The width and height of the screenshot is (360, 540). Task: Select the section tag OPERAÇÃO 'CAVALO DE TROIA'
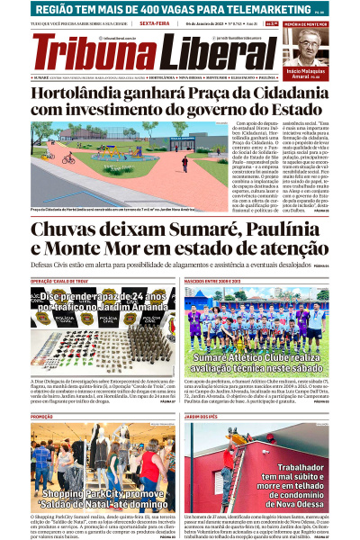62,282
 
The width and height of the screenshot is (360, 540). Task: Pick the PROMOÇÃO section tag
42,417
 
